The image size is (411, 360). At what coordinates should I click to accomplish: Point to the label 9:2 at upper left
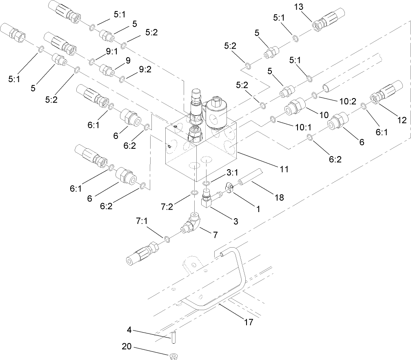click(144, 69)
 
